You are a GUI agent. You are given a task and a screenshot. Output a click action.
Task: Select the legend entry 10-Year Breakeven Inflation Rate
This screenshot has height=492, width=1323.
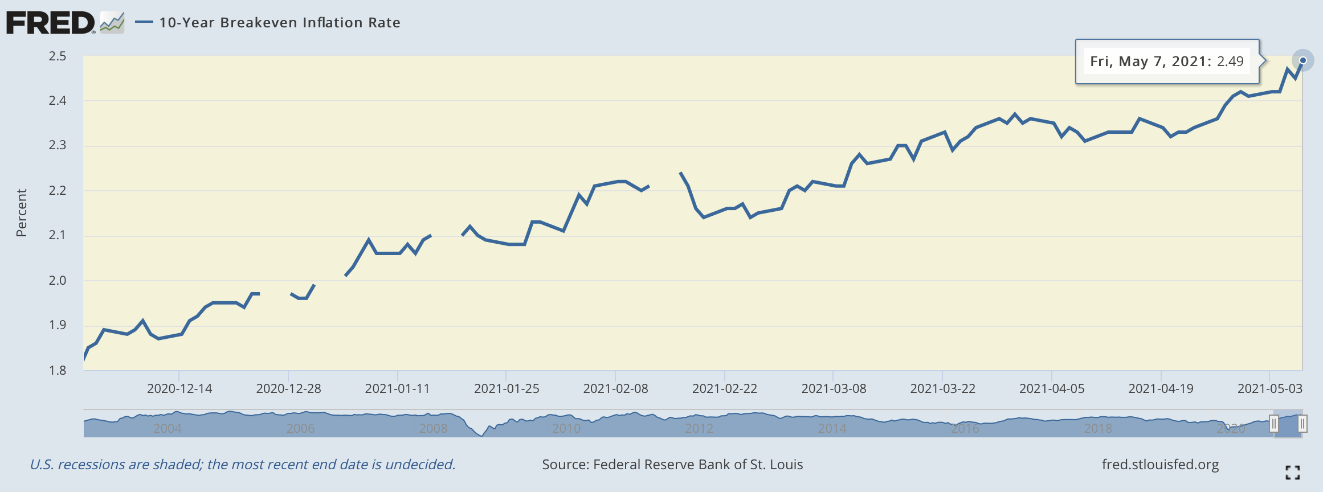point(279,23)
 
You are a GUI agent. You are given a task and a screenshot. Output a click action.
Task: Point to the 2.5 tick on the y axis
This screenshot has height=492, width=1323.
point(58,56)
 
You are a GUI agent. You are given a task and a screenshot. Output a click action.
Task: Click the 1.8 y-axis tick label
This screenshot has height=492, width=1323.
point(58,370)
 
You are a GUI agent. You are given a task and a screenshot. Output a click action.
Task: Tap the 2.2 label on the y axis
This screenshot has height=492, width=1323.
point(58,190)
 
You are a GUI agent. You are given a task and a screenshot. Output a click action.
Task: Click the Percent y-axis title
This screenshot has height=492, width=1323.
point(22,213)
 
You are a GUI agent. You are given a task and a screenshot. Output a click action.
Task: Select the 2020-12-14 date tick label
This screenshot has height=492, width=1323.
point(179,388)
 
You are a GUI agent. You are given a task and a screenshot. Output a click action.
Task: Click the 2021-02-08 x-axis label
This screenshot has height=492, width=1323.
point(615,388)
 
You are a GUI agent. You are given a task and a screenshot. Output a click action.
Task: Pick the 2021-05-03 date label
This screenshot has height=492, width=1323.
point(1269,388)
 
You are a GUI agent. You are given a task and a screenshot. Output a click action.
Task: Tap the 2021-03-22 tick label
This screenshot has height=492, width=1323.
point(942,388)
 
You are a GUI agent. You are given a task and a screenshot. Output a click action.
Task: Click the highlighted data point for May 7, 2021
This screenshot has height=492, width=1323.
point(1302,60)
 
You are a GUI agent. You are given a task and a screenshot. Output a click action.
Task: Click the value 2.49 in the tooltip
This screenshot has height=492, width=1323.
point(1230,61)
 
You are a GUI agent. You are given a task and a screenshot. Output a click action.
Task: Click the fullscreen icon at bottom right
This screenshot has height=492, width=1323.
point(1292,472)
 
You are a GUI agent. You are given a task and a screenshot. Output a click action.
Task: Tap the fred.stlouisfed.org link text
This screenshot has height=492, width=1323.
point(1160,465)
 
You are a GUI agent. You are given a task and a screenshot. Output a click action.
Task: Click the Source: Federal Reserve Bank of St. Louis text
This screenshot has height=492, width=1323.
point(672,465)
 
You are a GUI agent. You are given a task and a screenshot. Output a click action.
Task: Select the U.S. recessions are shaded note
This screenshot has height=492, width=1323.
point(243,465)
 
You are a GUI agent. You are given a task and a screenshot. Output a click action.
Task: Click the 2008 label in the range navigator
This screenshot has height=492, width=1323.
point(433,428)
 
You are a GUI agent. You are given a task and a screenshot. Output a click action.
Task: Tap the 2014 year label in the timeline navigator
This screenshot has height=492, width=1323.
point(832,428)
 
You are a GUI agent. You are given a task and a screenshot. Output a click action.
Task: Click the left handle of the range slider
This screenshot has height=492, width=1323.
point(1274,424)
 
